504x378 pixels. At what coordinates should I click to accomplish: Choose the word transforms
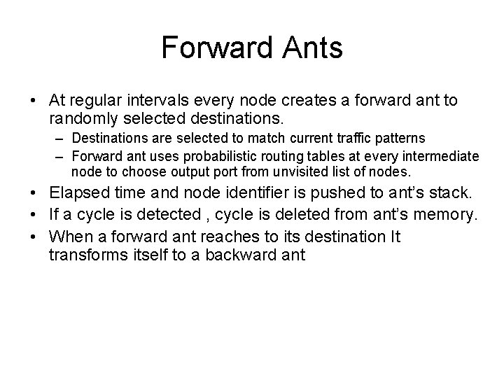[87, 255]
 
